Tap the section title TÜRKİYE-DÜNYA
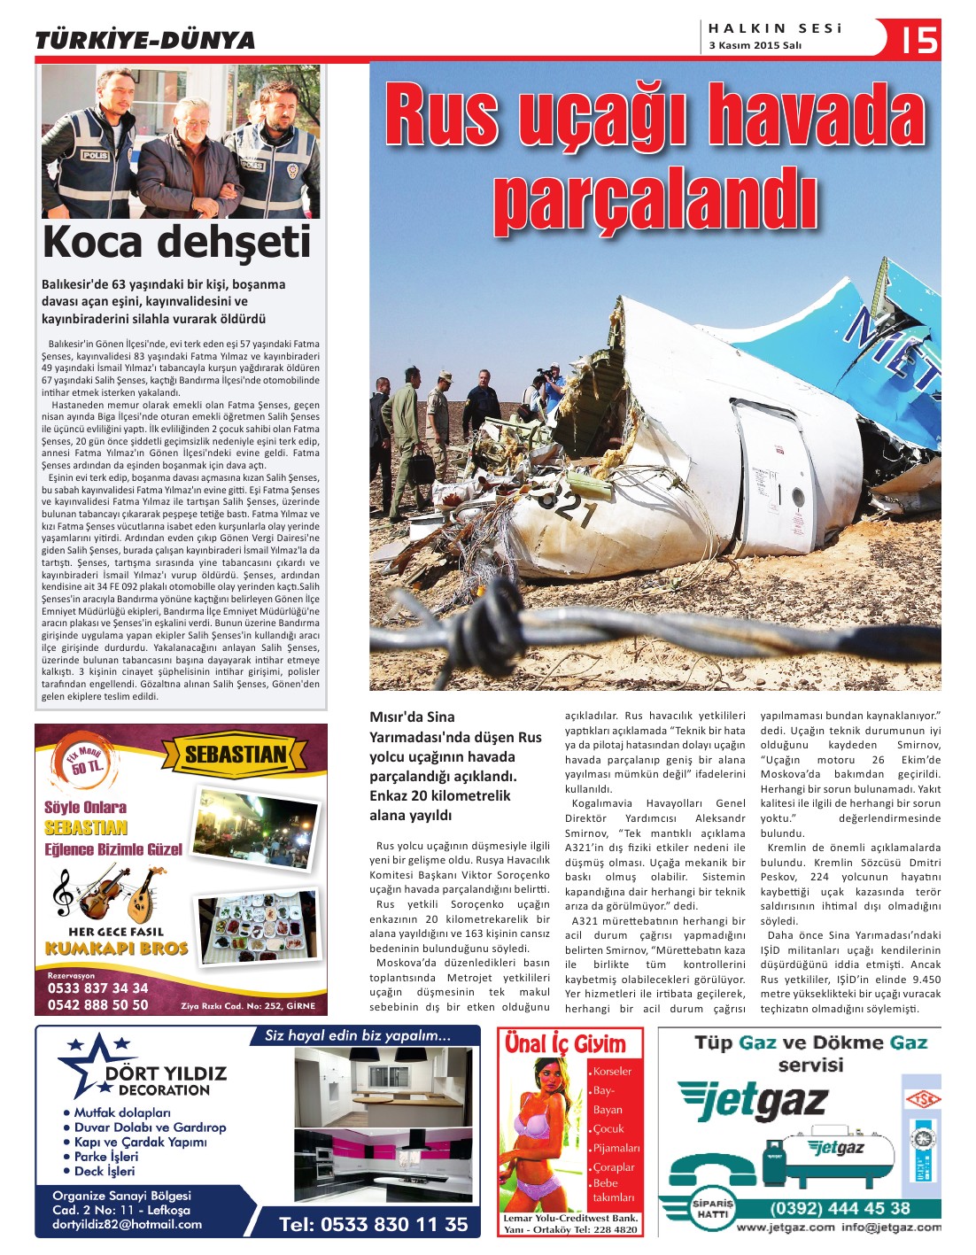[144, 41]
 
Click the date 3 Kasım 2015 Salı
[755, 46]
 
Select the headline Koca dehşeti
[176, 242]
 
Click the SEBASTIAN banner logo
[236, 755]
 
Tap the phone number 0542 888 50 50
[97, 1004]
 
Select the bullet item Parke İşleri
[106, 1157]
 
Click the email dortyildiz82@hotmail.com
[127, 1224]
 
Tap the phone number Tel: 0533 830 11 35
[373, 1224]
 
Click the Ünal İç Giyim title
[565, 1043]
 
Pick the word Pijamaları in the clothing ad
[616, 1148]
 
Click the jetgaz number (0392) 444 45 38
[840, 1208]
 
